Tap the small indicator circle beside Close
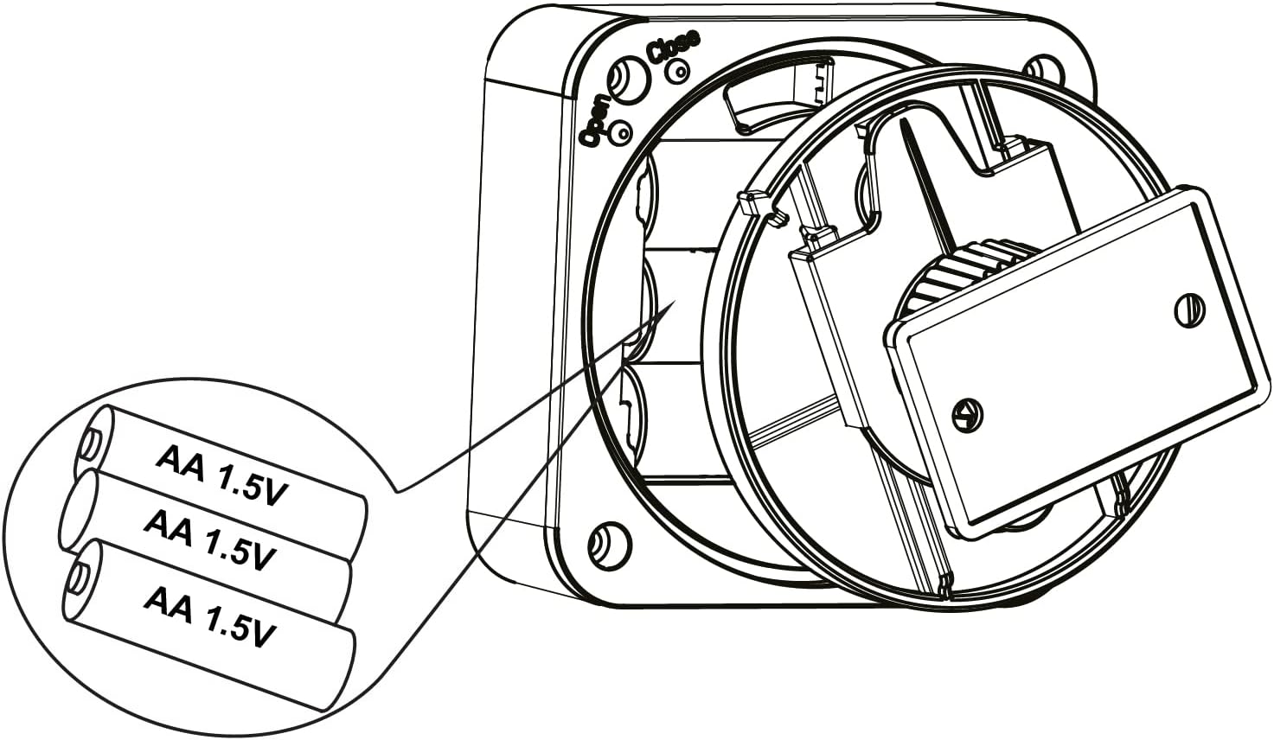pyautogui.click(x=678, y=71)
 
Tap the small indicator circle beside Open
pyautogui.click(x=621, y=132)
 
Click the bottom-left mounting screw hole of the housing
pyautogui.click(x=609, y=545)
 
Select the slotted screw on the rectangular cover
pyautogui.click(x=1189, y=310)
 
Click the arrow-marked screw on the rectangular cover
pyautogui.click(x=967, y=415)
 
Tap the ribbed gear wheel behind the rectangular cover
pyautogui.click(x=967, y=273)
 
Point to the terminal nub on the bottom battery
pyautogui.click(x=77, y=580)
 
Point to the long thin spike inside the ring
pyautogui.click(x=925, y=182)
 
